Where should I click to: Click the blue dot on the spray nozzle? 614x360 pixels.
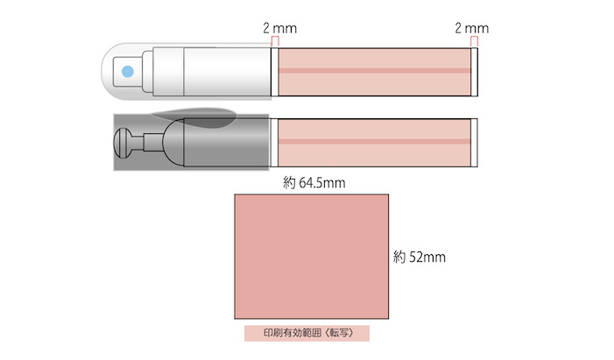pyautogui.click(x=128, y=72)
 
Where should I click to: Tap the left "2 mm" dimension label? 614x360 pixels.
pyautogui.click(x=279, y=28)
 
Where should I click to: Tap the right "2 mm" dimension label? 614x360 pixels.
pyautogui.click(x=471, y=28)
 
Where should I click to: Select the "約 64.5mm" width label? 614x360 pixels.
pyautogui.click(x=314, y=183)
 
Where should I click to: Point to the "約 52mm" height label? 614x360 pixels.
pyautogui.click(x=420, y=257)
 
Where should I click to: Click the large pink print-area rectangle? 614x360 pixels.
pyautogui.click(x=312, y=257)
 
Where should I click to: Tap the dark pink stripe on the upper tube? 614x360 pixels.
pyautogui.click(x=375, y=71)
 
